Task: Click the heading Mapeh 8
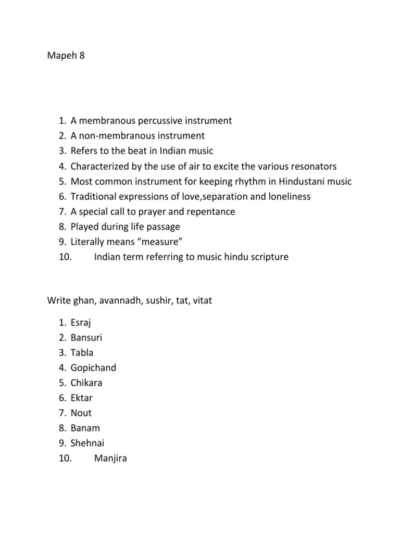pyautogui.click(x=66, y=55)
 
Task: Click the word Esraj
pyautogui.click(x=81, y=322)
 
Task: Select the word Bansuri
pyautogui.click(x=86, y=337)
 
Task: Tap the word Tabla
pyautogui.click(x=82, y=352)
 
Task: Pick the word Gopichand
pyautogui.click(x=94, y=367)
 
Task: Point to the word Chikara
pyautogui.click(x=86, y=383)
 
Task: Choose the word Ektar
pyautogui.click(x=82, y=398)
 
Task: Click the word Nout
pyautogui.click(x=81, y=413)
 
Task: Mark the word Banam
pyautogui.click(x=85, y=428)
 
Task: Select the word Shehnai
pyautogui.click(x=87, y=443)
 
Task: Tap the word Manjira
pyautogui.click(x=110, y=459)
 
